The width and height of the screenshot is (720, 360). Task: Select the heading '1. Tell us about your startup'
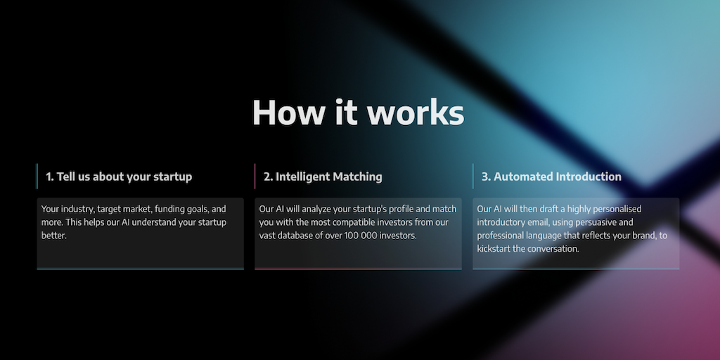click(x=119, y=176)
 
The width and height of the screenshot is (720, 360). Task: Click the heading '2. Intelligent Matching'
click(x=323, y=176)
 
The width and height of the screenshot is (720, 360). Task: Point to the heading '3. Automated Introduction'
click(x=551, y=176)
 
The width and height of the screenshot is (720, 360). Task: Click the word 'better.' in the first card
click(x=54, y=236)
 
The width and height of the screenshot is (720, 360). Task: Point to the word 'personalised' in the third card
click(x=617, y=210)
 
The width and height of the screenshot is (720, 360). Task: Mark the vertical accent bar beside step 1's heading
click(x=37, y=176)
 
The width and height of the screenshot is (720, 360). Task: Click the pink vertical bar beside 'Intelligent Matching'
click(x=255, y=176)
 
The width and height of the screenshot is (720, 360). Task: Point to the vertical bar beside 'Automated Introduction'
click(x=473, y=176)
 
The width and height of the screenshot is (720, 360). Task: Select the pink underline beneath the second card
click(x=358, y=269)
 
